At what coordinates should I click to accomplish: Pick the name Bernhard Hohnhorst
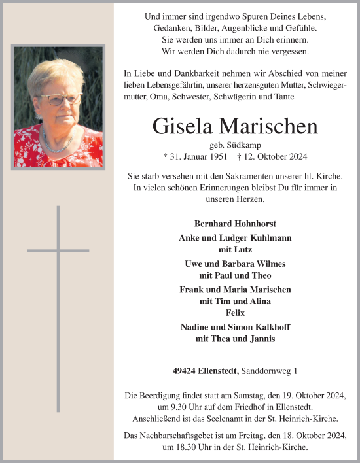[235, 224]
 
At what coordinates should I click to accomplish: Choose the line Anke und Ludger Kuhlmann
[235, 237]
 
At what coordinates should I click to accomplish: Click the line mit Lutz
[235, 249]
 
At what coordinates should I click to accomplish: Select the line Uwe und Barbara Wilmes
[235, 264]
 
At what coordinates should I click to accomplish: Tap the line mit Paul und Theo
[235, 275]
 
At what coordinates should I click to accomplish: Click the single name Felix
[235, 313]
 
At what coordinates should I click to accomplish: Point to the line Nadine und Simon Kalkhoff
[235, 327]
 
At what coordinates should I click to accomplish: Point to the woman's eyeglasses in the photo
[61, 99]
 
